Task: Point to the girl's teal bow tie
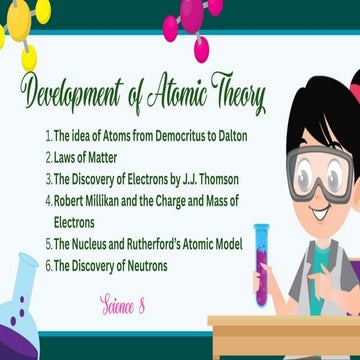pyautogui.click(x=321, y=256)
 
